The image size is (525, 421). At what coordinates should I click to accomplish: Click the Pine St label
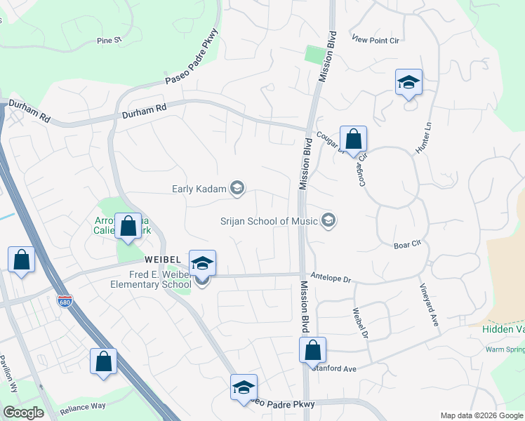point(109,41)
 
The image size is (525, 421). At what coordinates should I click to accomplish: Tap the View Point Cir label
point(376,41)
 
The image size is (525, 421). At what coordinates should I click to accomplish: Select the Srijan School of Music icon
point(328,221)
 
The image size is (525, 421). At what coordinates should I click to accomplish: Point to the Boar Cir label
point(406,244)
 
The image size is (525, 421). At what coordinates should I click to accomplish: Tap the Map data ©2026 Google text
point(481,415)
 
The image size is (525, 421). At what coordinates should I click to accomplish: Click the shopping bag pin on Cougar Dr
point(353,139)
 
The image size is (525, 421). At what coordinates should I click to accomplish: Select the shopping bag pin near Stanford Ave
point(312,349)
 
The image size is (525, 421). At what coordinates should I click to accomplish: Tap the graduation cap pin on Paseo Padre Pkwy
point(244,387)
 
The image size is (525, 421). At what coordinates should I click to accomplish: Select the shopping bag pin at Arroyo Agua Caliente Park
point(128,226)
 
